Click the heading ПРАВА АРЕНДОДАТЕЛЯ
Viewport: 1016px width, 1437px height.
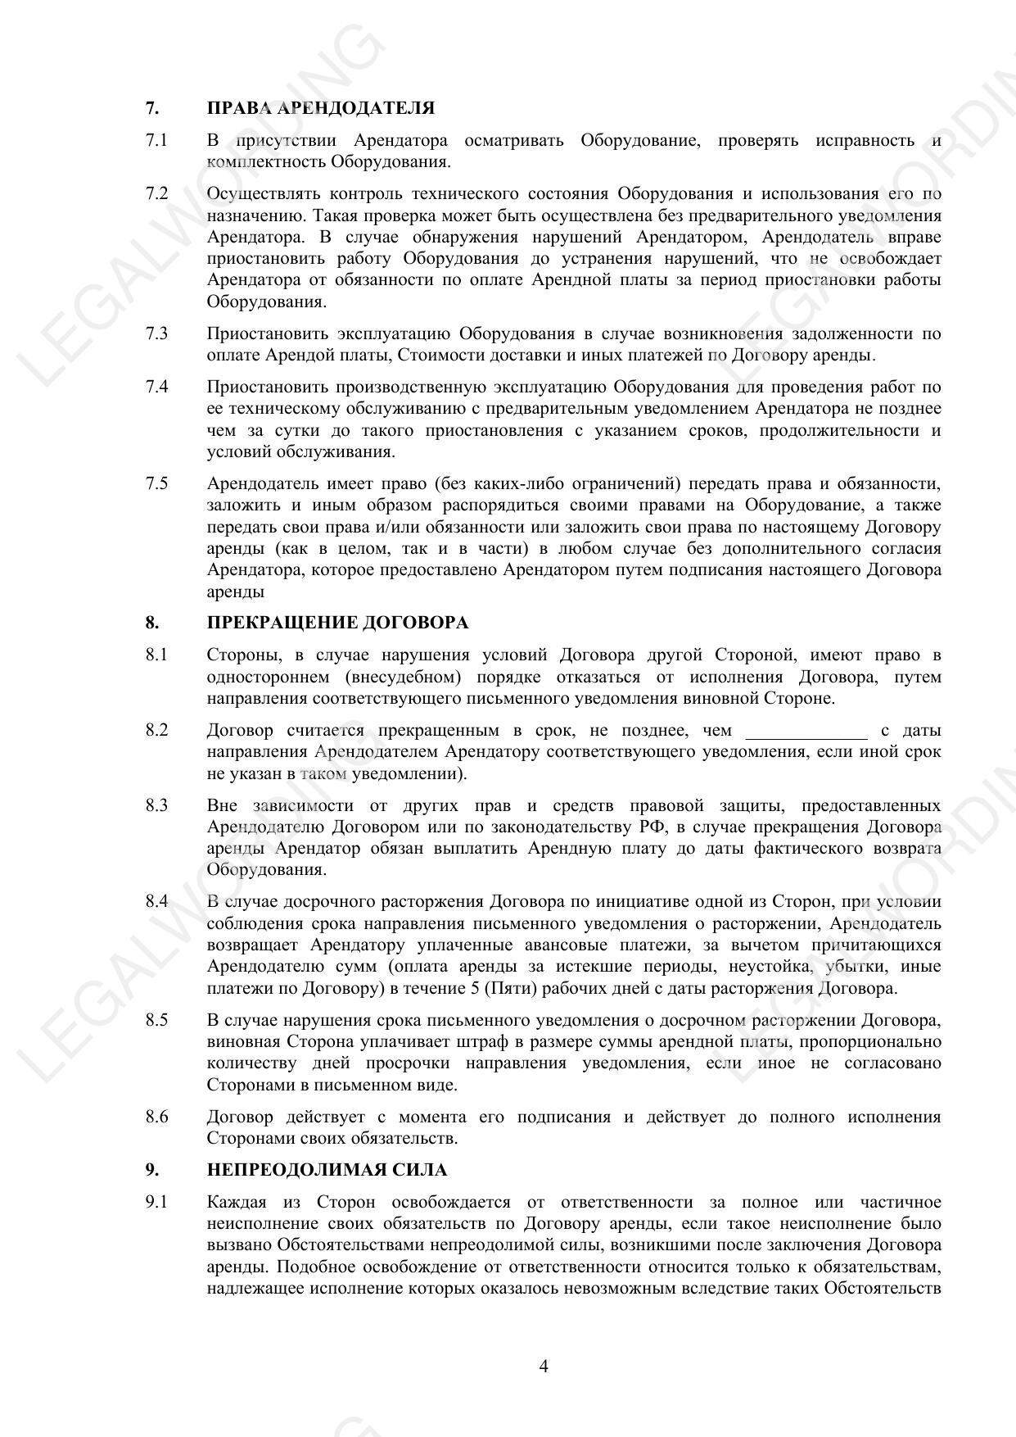(x=320, y=108)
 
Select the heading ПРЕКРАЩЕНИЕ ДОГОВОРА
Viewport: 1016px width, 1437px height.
(x=337, y=623)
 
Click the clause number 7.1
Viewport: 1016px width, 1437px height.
(x=156, y=140)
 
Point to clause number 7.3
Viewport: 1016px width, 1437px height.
(x=156, y=333)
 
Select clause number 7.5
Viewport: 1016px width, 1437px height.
(x=156, y=483)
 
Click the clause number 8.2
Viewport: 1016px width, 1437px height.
(x=156, y=730)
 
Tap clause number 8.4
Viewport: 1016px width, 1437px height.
(x=156, y=902)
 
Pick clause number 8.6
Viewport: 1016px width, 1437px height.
(x=156, y=1117)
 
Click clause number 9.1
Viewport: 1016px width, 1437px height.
(x=156, y=1202)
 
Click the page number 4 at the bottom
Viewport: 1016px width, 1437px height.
(x=544, y=1366)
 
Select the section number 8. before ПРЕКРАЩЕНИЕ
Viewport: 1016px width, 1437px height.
(x=152, y=623)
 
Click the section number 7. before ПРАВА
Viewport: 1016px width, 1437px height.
(x=152, y=108)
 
